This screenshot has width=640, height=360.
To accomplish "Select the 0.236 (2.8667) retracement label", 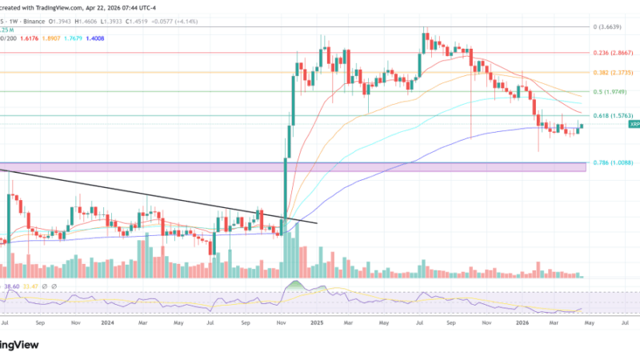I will coord(612,52).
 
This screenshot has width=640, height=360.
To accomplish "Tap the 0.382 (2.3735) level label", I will coord(612,72).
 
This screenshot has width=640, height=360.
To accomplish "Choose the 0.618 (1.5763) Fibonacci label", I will coord(612,115).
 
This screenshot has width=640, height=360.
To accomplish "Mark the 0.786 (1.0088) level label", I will coord(612,163).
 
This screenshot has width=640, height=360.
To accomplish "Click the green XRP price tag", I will coord(634,125).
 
